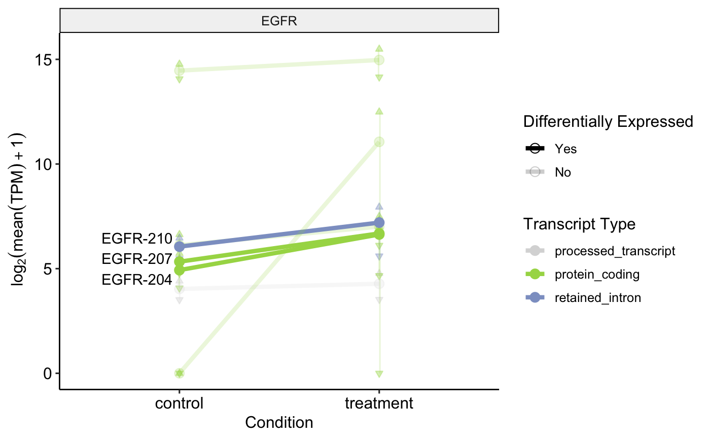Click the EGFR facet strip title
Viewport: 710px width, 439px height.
pos(279,21)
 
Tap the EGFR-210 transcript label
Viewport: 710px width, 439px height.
pos(137,238)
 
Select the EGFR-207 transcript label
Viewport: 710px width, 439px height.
pos(137,259)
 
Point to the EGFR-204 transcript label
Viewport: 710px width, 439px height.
pos(137,280)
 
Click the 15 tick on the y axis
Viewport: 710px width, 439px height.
pos(46,60)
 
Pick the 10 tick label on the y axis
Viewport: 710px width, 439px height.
pos(46,164)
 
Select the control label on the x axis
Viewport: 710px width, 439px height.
pos(179,404)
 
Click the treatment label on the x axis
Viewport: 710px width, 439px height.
pos(379,404)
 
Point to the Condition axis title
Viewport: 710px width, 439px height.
pos(279,422)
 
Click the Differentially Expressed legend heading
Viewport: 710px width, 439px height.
pos(608,122)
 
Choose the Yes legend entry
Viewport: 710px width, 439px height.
pos(565,149)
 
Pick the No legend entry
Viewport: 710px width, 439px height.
pos(563,173)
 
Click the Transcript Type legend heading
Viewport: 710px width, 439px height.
pos(579,224)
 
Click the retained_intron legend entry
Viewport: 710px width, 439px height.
pos(598,298)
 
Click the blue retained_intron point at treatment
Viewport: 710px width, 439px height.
pos(379,223)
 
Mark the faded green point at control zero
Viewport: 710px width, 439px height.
pos(179,373)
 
